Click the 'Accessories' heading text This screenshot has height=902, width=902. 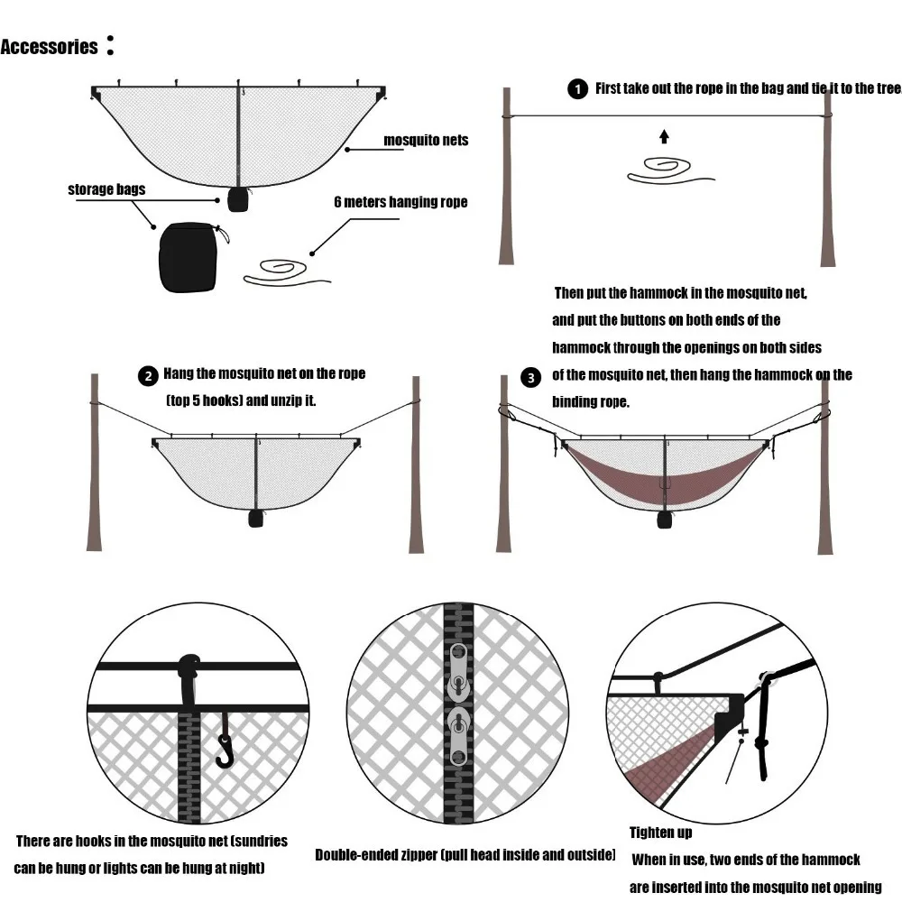(50, 48)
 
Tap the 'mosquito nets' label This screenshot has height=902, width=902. (426, 140)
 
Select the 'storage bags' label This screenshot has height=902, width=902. (106, 189)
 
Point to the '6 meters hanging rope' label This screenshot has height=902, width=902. (400, 202)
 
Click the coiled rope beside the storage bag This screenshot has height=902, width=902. (284, 271)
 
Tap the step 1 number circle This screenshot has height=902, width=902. (575, 88)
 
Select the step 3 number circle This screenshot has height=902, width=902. (532, 377)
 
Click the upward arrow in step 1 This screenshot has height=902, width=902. (664, 136)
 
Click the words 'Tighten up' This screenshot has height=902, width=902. (660, 832)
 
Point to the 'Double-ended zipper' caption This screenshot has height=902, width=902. (465, 854)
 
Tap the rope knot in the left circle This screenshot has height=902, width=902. (190, 669)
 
